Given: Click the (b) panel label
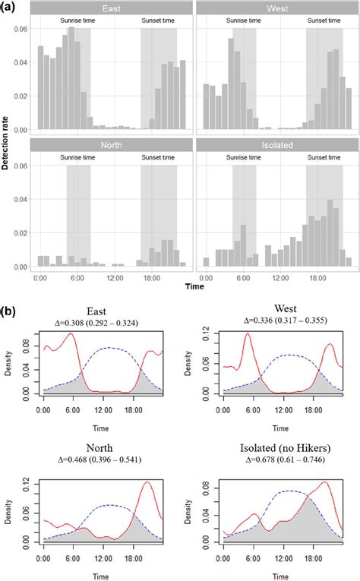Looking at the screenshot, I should click(11, 311).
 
